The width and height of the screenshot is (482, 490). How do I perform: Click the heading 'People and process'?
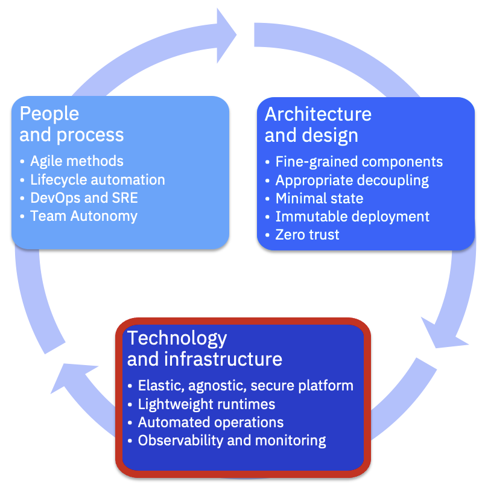pyautogui.click(x=71, y=124)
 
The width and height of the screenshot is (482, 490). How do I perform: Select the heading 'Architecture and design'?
pyautogui.click(x=318, y=124)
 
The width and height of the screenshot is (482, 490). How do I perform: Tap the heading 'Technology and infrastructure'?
pyautogui.click(x=204, y=348)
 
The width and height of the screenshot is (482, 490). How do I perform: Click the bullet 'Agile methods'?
pyautogui.click(x=77, y=161)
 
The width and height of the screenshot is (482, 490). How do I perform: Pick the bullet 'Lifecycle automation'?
pyautogui.click(x=97, y=179)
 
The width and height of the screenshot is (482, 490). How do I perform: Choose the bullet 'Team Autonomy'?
pyautogui.click(x=84, y=215)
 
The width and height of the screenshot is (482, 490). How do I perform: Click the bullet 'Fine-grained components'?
pyautogui.click(x=359, y=162)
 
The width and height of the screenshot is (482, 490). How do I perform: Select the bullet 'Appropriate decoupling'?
pyautogui.click(x=352, y=180)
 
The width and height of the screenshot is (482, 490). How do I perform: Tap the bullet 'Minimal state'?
pyautogui.click(x=319, y=198)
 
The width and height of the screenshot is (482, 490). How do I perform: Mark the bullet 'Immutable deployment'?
pyautogui.click(x=352, y=216)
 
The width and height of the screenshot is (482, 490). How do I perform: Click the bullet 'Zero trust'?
pyautogui.click(x=307, y=234)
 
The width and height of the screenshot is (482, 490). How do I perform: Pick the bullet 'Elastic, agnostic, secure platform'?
pyautogui.click(x=246, y=386)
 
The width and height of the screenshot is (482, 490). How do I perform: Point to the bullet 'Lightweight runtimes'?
pyautogui.click(x=206, y=404)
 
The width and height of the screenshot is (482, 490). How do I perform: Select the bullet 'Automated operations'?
pyautogui.click(x=211, y=422)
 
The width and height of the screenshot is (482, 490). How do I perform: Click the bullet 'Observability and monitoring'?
pyautogui.click(x=232, y=440)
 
